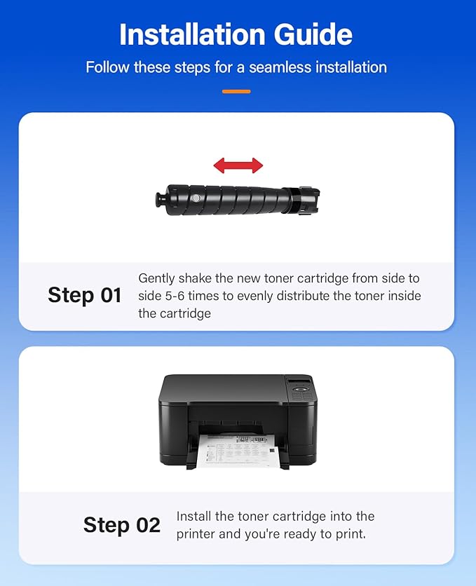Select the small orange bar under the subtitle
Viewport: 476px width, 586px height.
point(236,91)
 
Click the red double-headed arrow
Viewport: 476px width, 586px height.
point(238,165)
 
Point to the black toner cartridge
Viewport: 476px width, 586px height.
point(238,200)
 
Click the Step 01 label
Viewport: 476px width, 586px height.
point(85,295)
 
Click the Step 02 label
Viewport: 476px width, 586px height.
point(122,525)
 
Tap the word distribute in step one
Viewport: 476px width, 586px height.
point(306,296)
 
